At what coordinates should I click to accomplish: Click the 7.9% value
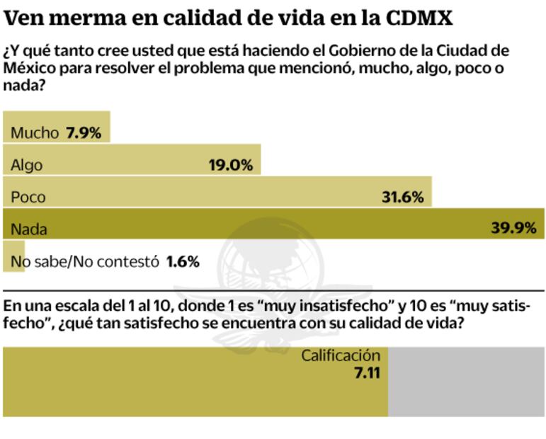tap(84, 132)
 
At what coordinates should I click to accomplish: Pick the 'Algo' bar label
tap(27, 165)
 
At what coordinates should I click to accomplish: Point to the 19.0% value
tap(230, 165)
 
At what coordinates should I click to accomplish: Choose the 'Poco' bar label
tap(28, 198)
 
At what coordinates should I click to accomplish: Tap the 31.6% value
tap(402, 198)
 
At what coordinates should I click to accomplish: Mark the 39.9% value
tap(513, 228)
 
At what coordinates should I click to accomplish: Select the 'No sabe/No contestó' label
tap(84, 261)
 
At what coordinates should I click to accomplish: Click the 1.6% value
tap(183, 261)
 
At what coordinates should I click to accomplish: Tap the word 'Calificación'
tap(341, 355)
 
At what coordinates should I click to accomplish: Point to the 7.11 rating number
tap(367, 372)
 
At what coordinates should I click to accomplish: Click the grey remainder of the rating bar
tap(466, 382)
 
